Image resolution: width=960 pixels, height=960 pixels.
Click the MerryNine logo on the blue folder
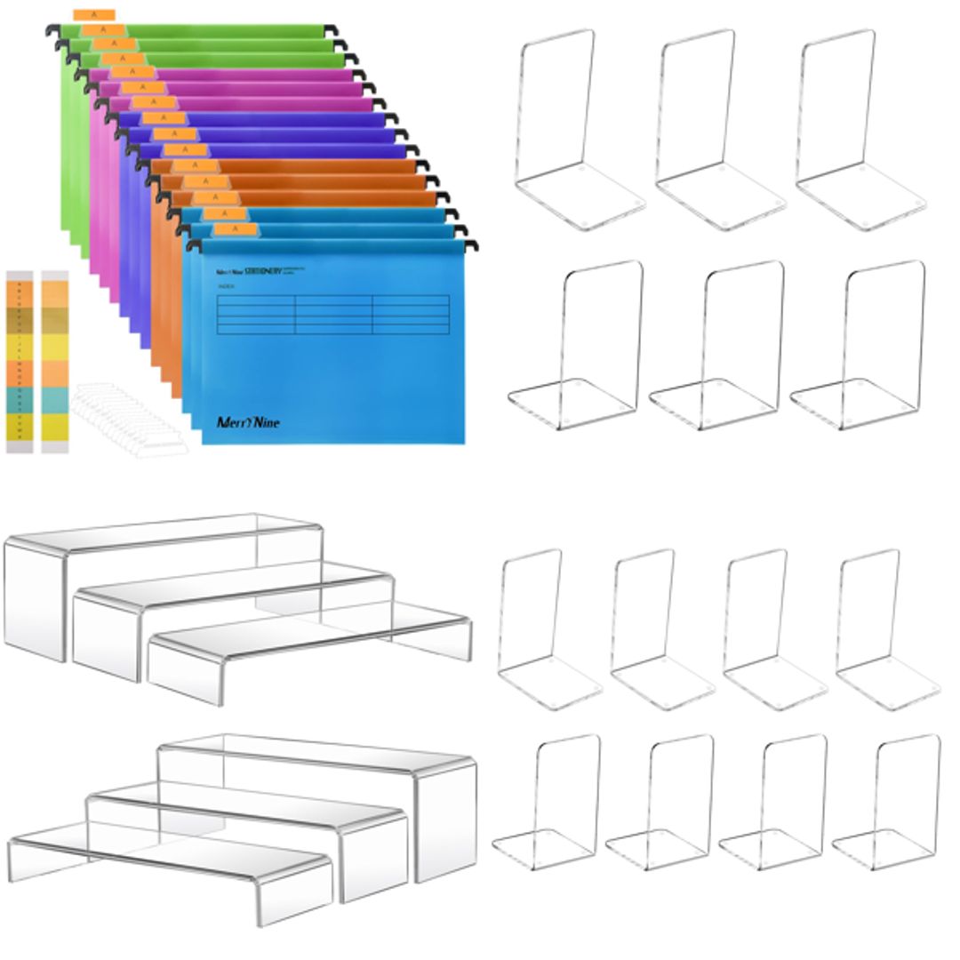248,422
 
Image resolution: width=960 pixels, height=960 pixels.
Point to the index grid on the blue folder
333,314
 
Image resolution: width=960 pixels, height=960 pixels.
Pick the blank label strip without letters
54,360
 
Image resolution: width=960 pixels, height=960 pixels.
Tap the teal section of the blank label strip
54,399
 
